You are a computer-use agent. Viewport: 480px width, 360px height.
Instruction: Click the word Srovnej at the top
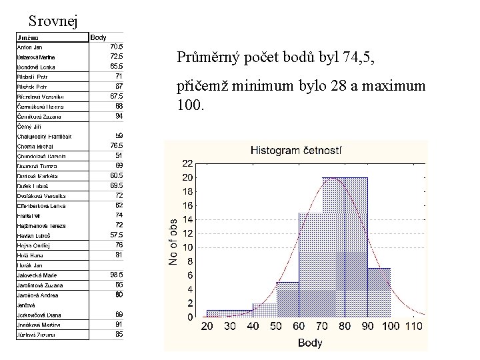53,20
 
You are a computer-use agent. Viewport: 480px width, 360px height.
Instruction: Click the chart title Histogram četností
295,151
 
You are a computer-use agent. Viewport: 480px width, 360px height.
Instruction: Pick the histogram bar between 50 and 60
288,299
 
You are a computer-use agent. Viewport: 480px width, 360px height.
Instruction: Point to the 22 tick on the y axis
187,163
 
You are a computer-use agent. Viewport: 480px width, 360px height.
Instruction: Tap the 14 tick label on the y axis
187,219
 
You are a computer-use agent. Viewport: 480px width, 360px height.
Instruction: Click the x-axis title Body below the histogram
310,343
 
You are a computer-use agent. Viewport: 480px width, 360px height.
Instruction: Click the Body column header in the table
99,37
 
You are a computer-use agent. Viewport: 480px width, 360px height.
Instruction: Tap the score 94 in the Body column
119,116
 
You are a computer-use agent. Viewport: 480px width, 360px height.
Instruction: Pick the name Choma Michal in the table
35,146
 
